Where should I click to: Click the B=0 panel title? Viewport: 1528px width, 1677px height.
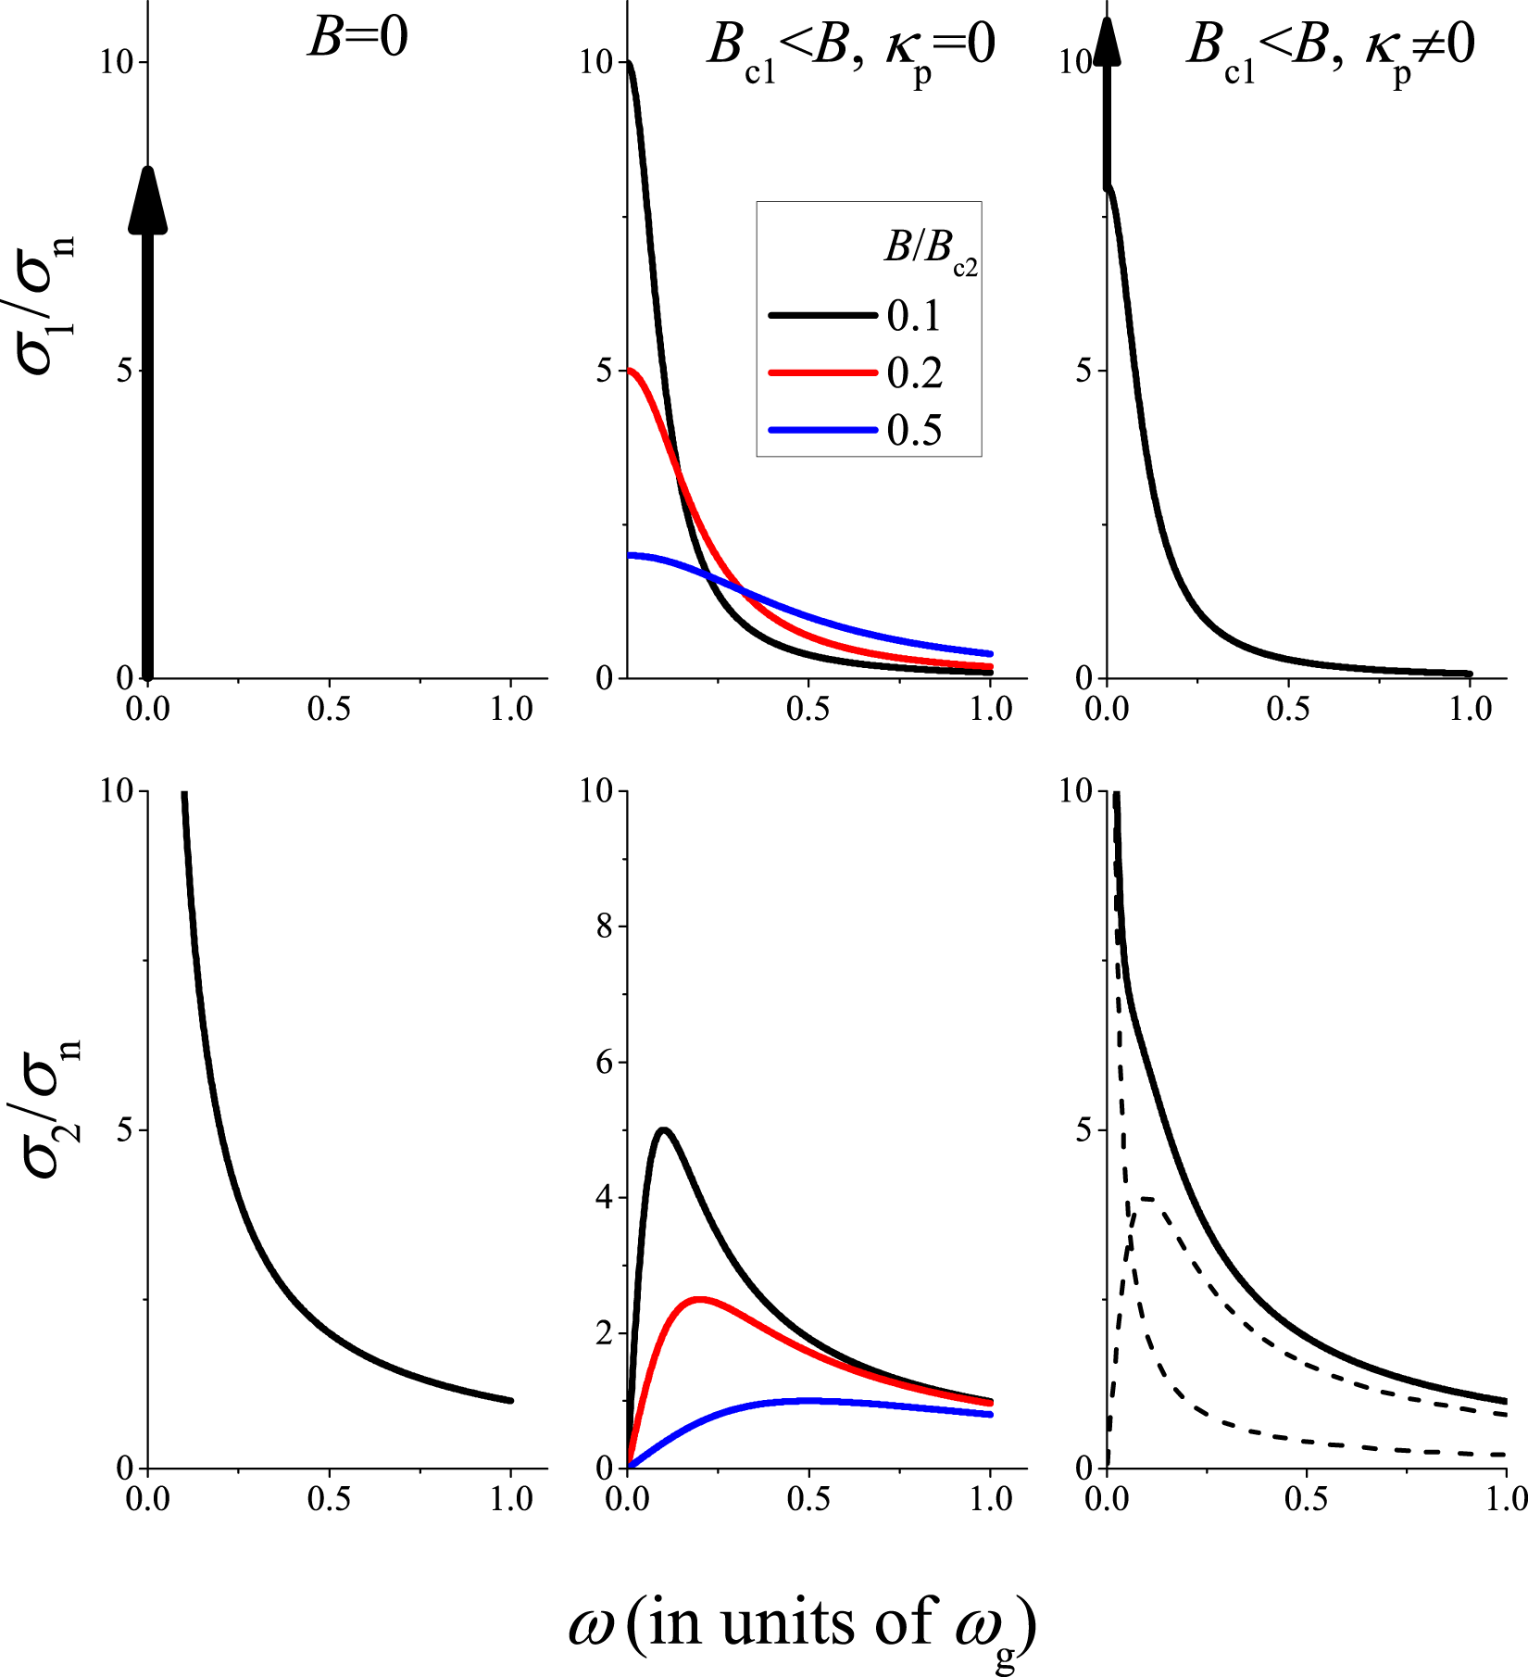(357, 41)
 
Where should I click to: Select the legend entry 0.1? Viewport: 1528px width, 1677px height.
(913, 317)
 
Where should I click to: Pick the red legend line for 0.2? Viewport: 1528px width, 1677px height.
(823, 372)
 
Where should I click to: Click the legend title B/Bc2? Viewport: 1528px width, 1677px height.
(929, 250)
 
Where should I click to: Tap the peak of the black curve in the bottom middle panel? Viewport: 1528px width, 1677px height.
(664, 1129)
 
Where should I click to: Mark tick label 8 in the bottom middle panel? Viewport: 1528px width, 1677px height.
(605, 927)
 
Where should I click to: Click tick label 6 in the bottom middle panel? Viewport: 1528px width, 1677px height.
(605, 1062)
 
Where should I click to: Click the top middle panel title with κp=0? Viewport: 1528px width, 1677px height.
(850, 46)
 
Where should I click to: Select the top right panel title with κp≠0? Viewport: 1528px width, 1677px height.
(1330, 46)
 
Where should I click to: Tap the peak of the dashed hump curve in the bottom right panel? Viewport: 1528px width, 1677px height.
(1145, 1199)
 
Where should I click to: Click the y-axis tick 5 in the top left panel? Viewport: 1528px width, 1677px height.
(127, 371)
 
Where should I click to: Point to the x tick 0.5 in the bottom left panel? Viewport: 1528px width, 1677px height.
(329, 1499)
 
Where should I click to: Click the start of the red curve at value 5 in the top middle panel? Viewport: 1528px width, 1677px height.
(630, 371)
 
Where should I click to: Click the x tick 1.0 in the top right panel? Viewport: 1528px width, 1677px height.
(1470, 709)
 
